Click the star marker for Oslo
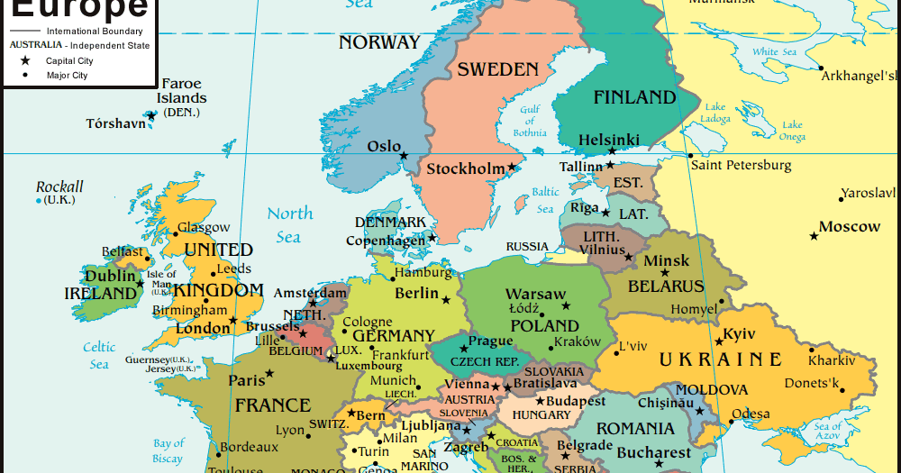[x=404, y=155]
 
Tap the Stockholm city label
[x=465, y=168]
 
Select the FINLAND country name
[x=634, y=97]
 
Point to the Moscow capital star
[x=815, y=236]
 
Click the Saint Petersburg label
[x=741, y=165]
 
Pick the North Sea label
[x=289, y=224]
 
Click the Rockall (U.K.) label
[x=59, y=193]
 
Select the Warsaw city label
[x=535, y=294]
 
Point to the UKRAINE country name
[x=720, y=359]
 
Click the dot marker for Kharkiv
[x=812, y=350]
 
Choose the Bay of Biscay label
[x=168, y=450]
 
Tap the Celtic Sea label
[x=99, y=355]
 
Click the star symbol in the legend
[x=25, y=60]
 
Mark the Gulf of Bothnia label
[x=530, y=121]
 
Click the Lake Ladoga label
[x=715, y=113]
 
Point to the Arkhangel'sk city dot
[x=820, y=68]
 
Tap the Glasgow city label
[x=204, y=228]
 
